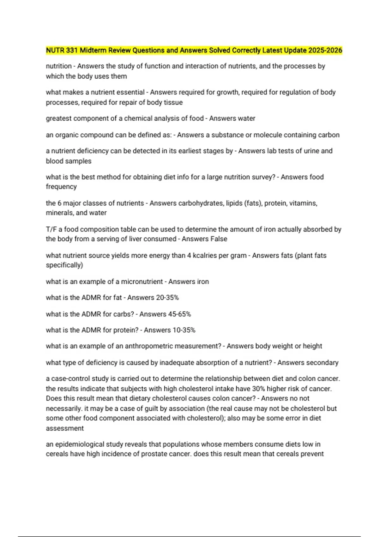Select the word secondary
(x=322, y=363)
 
